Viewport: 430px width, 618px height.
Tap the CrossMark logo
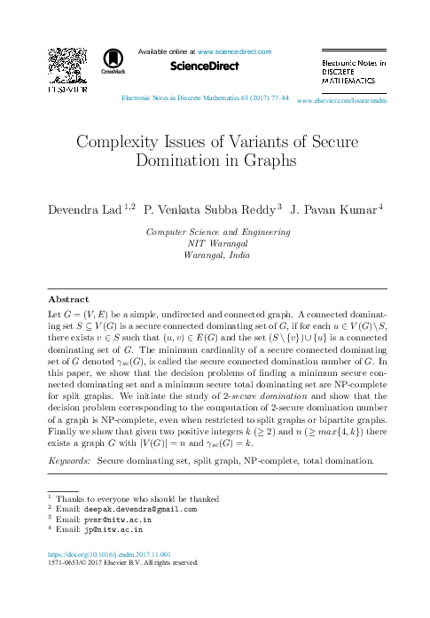coord(113,59)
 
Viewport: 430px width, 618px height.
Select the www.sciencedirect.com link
coord(234,52)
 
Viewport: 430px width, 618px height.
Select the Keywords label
coord(67,462)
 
